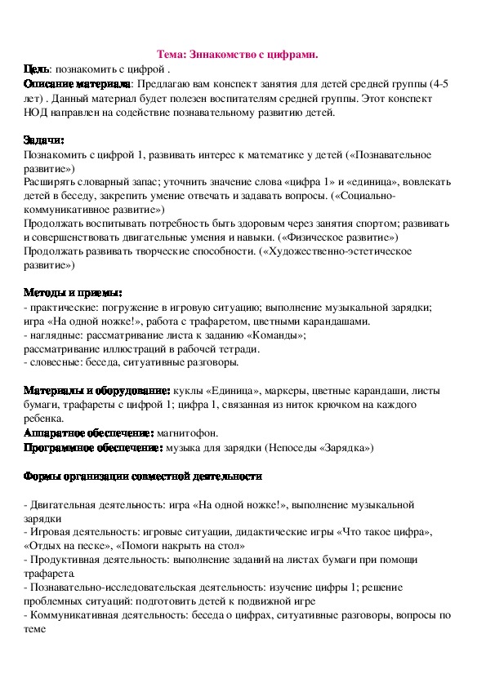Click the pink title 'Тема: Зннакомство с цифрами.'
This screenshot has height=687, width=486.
point(237,55)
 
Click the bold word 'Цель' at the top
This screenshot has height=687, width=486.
point(37,69)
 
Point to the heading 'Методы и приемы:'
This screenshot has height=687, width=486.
point(74,293)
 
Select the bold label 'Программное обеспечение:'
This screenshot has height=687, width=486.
point(94,448)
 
